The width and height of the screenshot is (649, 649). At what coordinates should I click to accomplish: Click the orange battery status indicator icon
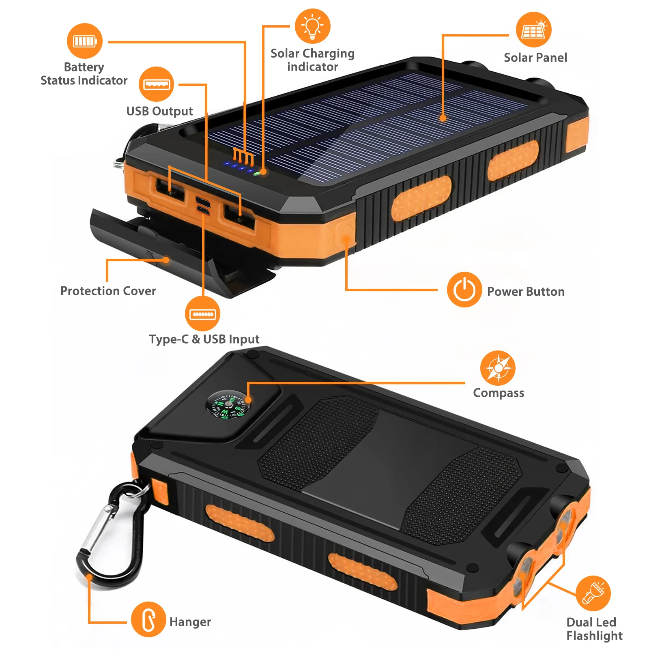[84, 41]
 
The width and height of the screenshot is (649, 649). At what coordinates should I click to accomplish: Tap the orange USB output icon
[156, 84]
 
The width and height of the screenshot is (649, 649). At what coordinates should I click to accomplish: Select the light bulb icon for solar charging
[312, 26]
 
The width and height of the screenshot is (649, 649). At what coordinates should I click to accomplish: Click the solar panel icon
[533, 30]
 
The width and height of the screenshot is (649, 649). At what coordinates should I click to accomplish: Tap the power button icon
[464, 290]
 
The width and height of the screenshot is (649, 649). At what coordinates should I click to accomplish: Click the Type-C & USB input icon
[202, 314]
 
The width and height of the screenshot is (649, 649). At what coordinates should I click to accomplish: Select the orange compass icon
[498, 368]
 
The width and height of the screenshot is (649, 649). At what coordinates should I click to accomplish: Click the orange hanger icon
[148, 619]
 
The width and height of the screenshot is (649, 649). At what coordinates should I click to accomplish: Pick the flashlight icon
[593, 593]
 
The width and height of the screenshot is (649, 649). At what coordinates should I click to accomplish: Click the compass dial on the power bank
[228, 404]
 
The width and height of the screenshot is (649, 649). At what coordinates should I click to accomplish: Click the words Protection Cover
[108, 291]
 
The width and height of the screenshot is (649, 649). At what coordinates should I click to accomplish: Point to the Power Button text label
[526, 292]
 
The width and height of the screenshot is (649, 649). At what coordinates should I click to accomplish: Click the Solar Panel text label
[535, 58]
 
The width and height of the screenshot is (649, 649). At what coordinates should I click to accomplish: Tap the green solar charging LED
[257, 174]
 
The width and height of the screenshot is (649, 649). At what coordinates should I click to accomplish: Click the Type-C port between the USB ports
[202, 200]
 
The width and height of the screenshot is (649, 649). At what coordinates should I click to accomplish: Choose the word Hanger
[190, 622]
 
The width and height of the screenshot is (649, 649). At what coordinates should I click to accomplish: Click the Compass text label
[499, 393]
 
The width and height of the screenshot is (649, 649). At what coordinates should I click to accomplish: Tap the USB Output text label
[159, 111]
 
